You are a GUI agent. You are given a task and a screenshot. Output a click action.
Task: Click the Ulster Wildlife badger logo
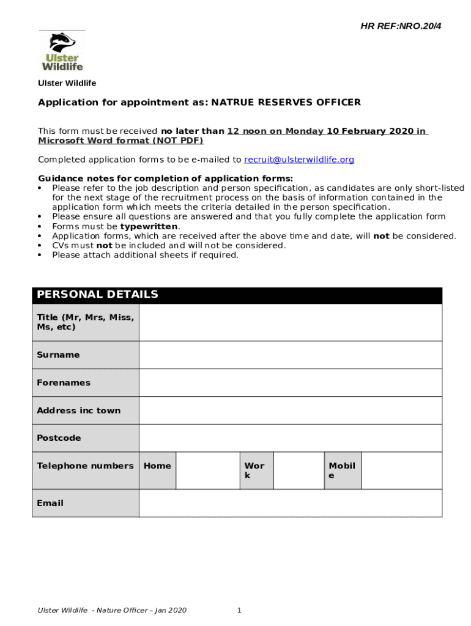62,52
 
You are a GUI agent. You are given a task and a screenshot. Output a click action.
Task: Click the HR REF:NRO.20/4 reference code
400,26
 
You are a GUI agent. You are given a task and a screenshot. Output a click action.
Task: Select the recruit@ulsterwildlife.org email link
299,160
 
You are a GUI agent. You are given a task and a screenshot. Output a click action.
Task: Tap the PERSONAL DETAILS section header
97,295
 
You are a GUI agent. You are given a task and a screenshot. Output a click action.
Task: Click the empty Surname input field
290,355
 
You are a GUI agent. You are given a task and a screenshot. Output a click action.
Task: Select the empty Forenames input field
290,383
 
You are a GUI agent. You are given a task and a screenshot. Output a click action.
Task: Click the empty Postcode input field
290,438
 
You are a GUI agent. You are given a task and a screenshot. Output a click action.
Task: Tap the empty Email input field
290,503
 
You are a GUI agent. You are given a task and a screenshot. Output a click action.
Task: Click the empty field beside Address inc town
290,410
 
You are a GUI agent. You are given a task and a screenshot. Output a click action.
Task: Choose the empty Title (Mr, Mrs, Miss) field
290,322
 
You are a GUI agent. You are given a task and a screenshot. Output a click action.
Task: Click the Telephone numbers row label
85,466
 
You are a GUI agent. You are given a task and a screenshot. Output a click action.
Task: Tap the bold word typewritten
149,226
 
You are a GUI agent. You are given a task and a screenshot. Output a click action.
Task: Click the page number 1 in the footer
239,610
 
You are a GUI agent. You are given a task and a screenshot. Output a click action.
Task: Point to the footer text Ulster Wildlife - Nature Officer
112,610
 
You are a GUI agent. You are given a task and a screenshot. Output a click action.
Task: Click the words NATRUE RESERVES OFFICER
286,102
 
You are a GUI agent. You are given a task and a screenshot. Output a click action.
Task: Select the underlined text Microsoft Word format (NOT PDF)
121,141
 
